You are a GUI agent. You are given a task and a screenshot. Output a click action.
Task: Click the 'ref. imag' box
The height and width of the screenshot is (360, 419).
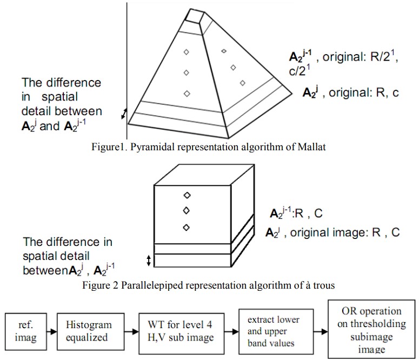pyautogui.click(x=24, y=330)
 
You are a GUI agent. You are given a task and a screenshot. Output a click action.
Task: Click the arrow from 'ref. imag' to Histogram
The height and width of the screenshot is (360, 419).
pyautogui.click(x=52, y=330)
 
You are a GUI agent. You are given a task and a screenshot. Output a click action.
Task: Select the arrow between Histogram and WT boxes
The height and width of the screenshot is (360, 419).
pyautogui.click(x=130, y=330)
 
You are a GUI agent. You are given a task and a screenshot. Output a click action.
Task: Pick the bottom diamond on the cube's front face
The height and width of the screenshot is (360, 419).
pyautogui.click(x=187, y=228)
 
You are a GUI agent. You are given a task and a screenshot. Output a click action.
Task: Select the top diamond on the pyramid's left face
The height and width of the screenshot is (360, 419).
pyautogui.click(x=187, y=52)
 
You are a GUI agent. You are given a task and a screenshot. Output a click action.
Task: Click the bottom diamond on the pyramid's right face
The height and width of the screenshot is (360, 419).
pyautogui.click(x=242, y=82)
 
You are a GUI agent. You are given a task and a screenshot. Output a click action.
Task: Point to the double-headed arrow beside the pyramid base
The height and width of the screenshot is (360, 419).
pyautogui.click(x=125, y=113)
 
